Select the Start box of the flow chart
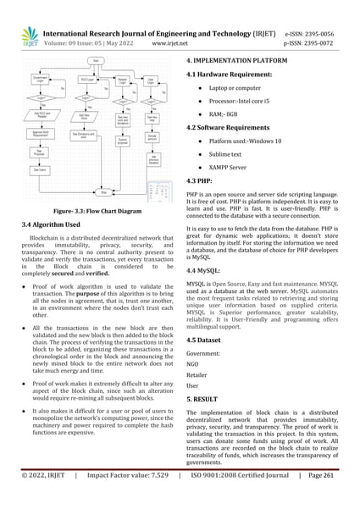click(97, 62)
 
